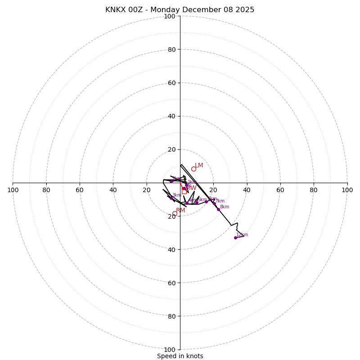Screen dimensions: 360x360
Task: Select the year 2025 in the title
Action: [x=243, y=10]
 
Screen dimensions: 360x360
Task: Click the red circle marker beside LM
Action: [x=193, y=169]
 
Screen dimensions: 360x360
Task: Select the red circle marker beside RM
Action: [x=175, y=213]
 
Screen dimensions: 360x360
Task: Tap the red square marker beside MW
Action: [x=184, y=191]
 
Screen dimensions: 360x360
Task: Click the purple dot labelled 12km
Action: [x=235, y=238]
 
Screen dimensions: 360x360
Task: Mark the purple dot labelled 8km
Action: [x=218, y=209]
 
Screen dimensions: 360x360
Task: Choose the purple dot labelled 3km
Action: [x=171, y=198]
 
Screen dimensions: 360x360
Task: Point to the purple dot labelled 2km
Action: [x=171, y=181]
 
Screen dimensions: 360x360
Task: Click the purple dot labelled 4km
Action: [x=187, y=203]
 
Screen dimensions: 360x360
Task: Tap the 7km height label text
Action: [x=220, y=201]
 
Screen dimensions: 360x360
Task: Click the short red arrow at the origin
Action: [x=182, y=186]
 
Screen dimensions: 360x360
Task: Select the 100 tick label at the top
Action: [x=170, y=16]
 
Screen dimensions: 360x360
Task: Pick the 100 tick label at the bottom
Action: [x=170, y=350]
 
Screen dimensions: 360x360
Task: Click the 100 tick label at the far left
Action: [x=13, y=190]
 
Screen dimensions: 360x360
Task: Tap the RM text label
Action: [x=180, y=211]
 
